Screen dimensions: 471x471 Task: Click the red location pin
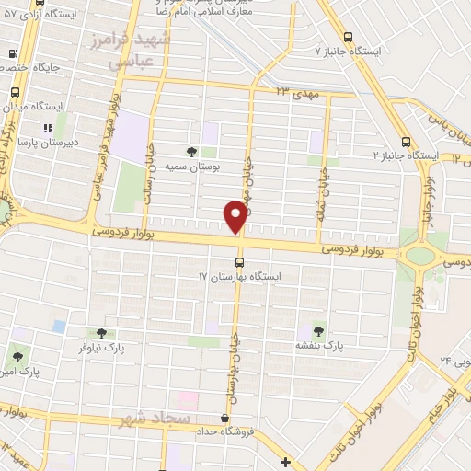pos(235,216)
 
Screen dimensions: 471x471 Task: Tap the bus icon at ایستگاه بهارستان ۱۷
pos(240,262)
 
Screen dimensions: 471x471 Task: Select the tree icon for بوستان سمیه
pos(191,152)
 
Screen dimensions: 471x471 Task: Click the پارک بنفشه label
pos(318,345)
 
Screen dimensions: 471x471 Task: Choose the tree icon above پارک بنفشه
pos(318,329)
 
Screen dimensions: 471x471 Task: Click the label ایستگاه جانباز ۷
pos(348,52)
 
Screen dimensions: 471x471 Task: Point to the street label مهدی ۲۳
pos(294,91)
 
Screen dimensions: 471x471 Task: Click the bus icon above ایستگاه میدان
pos(16,92)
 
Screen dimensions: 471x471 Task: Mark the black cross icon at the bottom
pos(288,461)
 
